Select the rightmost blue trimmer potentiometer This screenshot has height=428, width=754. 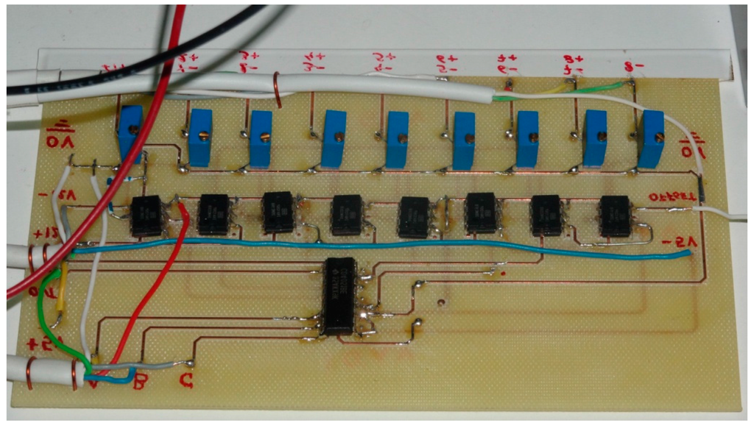click(x=650, y=138)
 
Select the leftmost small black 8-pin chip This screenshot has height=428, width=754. click(x=147, y=215)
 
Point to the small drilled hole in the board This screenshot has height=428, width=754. click(x=440, y=302)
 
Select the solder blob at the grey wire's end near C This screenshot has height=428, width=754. click(x=191, y=363)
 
